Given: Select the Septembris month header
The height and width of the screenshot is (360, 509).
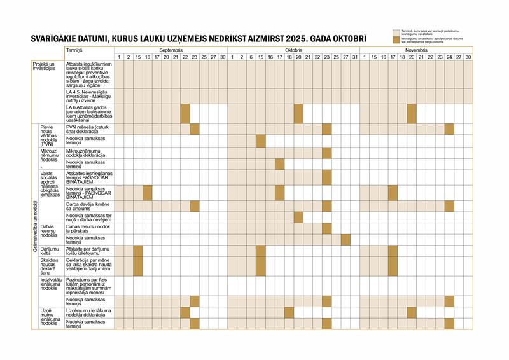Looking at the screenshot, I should (x=171, y=50).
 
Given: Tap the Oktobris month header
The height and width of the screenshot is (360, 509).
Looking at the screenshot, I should (x=293, y=50).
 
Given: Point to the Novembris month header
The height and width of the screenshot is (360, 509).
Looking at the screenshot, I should (x=417, y=50).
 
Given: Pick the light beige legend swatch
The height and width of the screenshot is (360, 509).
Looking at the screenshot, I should (x=396, y=31).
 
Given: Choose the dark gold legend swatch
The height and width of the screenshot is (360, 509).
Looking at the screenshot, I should (x=396, y=39).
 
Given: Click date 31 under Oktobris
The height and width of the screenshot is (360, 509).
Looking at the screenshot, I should (x=354, y=57).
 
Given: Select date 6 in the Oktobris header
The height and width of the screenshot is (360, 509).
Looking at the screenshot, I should (x=251, y=57).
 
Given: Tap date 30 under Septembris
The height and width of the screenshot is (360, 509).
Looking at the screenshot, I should (x=223, y=57).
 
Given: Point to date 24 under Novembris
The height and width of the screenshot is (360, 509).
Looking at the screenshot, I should (x=449, y=57).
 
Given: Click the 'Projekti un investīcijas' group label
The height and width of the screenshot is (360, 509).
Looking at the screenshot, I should (x=44, y=66).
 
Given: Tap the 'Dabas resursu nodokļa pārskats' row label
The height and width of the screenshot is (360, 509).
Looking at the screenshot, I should (x=89, y=228).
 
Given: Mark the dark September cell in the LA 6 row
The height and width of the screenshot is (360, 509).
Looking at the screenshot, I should (x=185, y=113).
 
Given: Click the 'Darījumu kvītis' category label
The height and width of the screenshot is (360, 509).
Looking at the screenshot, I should (x=50, y=251).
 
